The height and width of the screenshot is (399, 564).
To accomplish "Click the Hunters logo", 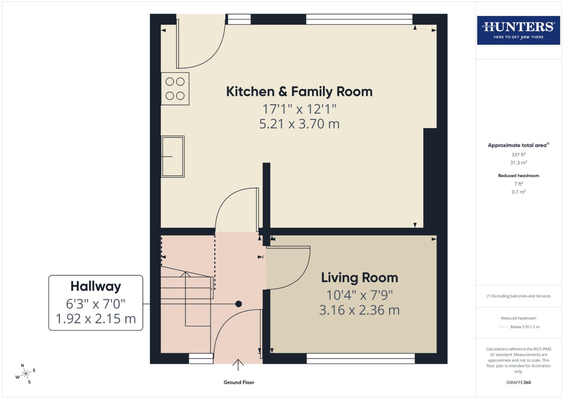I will tap(518, 30).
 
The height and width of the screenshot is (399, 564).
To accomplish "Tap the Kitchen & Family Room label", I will tap(299, 92).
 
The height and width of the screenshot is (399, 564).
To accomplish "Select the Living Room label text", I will tap(359, 278).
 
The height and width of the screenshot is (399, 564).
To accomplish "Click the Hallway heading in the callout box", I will tap(96, 286).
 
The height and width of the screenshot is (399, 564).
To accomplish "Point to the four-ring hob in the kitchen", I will tap(175, 89).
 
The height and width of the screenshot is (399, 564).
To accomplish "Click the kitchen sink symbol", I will tap(172, 157).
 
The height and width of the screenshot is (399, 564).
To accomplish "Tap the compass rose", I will tap(25, 374).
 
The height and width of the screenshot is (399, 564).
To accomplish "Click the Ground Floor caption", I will tap(239, 382).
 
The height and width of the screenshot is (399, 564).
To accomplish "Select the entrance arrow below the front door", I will tap(238, 365).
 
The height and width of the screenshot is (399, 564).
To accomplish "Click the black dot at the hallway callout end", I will tap(239, 304).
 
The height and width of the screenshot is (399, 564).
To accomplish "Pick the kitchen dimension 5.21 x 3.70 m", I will tap(299, 124).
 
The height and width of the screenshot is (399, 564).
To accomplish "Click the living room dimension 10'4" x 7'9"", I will tap(359, 295).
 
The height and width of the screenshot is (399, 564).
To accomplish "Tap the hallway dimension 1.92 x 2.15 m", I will tap(96, 318).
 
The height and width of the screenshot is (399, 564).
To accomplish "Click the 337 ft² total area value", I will tap(518, 154).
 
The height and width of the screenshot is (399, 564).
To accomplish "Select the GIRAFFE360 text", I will tap(518, 382).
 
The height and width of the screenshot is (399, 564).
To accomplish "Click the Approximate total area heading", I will tap(518, 145).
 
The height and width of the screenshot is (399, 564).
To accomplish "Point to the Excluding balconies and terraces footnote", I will tap(518, 296).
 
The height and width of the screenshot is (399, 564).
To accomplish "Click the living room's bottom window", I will tap(360, 358).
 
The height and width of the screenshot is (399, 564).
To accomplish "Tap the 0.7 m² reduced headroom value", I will tap(518, 192).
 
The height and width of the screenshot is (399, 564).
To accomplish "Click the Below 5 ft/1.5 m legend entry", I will tap(524, 327).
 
